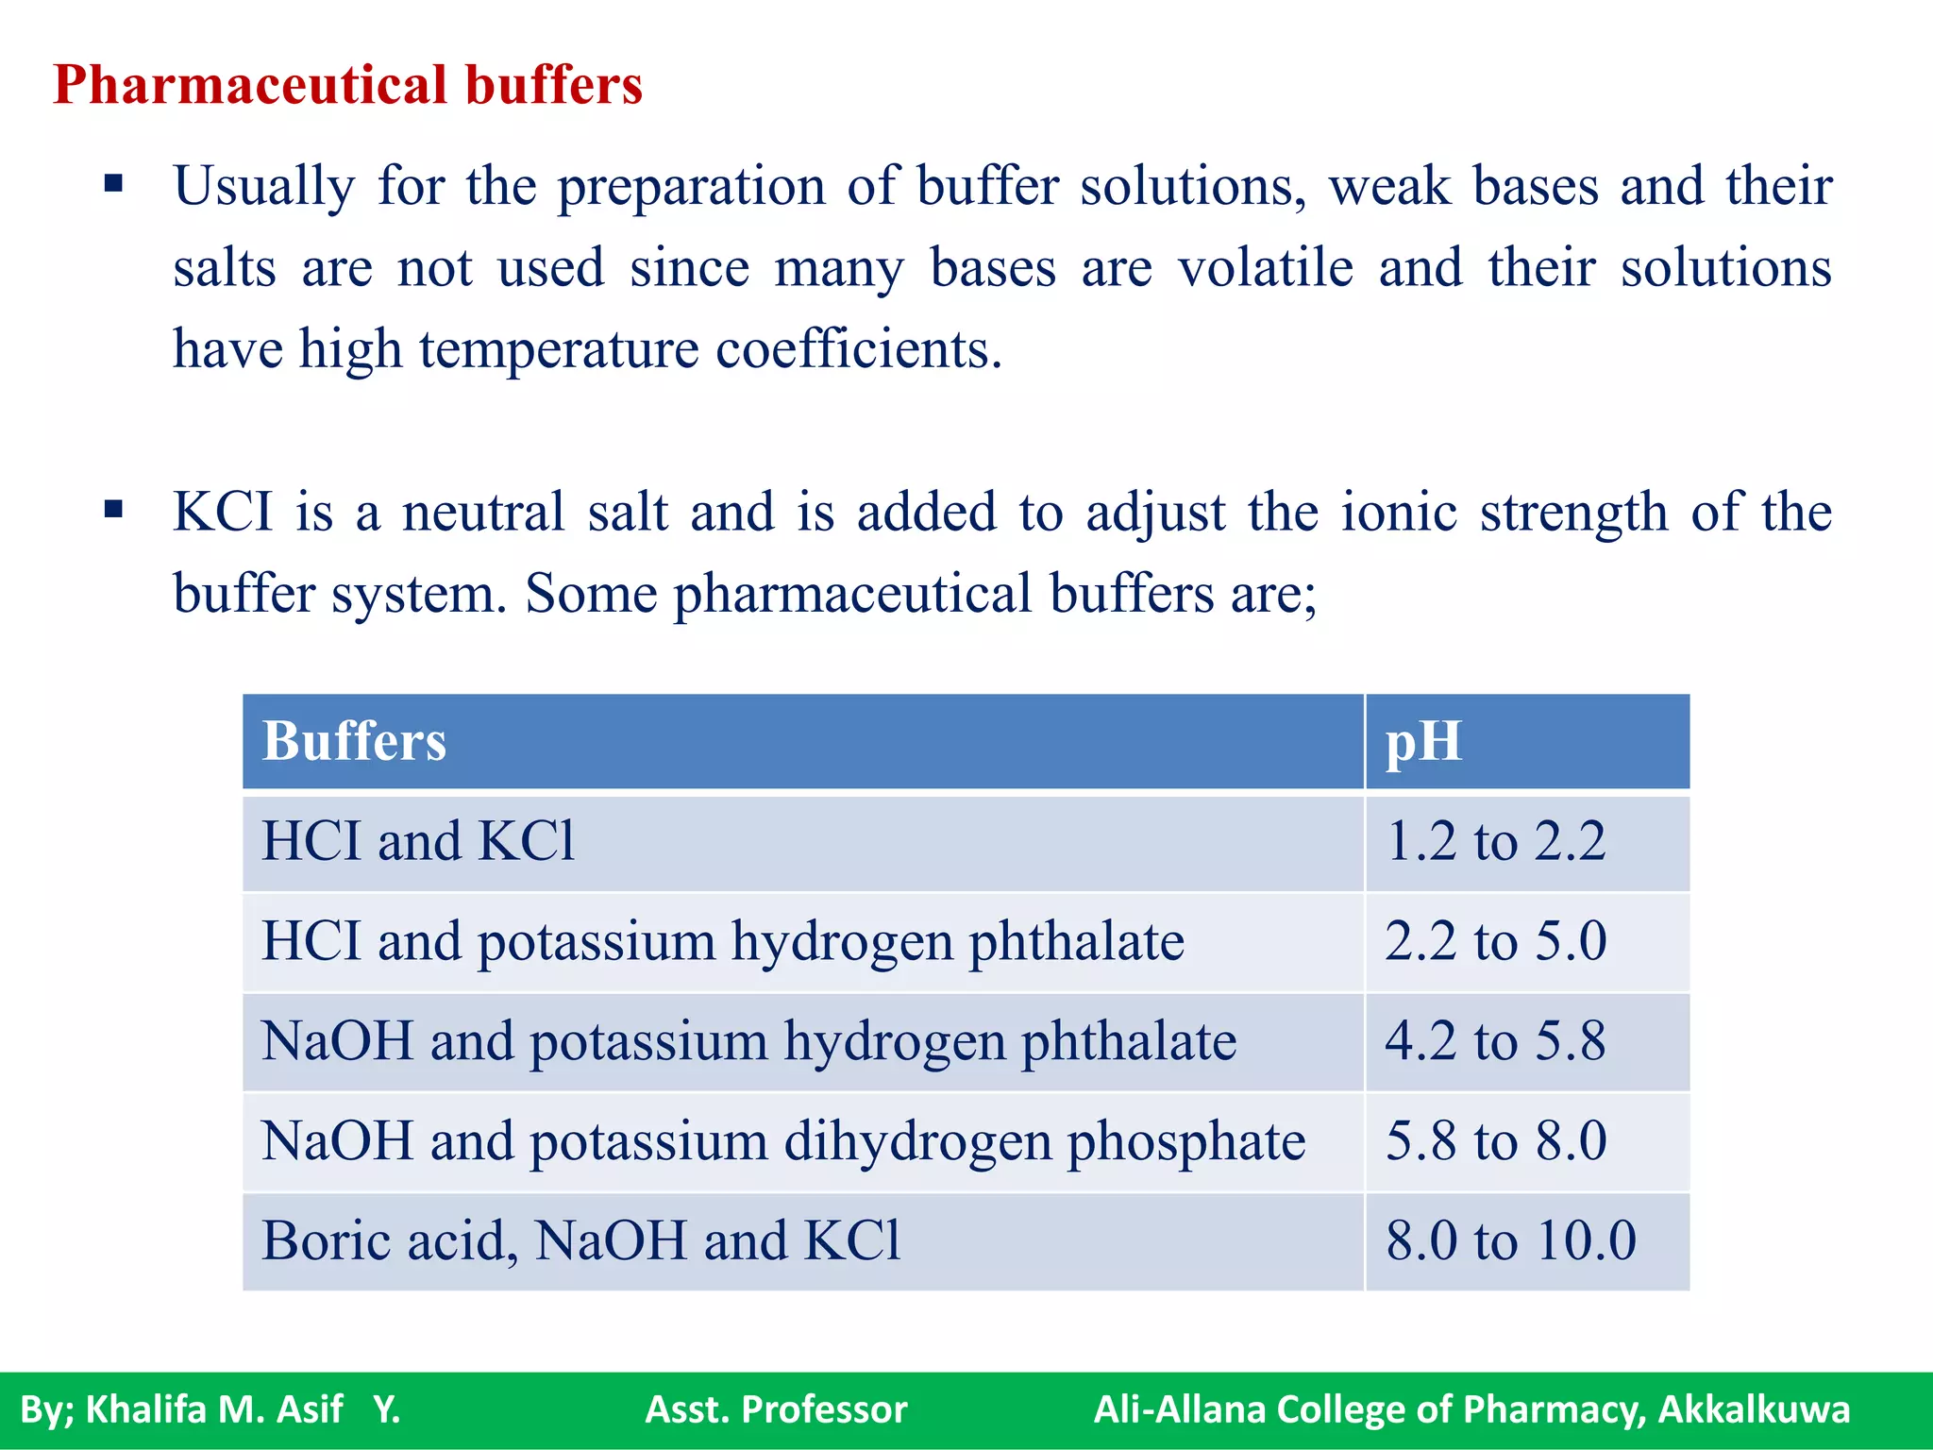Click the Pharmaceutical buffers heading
coord(347,85)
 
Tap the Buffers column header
coord(354,741)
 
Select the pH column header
coord(1423,741)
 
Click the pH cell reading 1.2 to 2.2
coord(1495,841)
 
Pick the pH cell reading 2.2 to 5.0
coord(1495,941)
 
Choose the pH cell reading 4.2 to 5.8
coord(1495,1041)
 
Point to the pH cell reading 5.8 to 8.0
coord(1495,1140)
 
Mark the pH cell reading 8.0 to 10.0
coord(1510,1240)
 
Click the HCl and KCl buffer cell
coord(418,841)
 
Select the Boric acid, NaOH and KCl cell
coord(581,1240)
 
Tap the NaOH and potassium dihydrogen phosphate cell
coord(783,1140)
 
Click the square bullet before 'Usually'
coord(114,183)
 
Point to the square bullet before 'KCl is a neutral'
coord(114,511)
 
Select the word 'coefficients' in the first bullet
coord(858,349)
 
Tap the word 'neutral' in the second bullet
coord(483,513)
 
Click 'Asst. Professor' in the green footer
coord(776,1409)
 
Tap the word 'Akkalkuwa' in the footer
coord(1754,1409)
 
